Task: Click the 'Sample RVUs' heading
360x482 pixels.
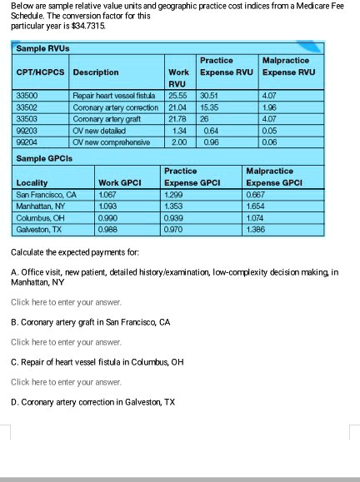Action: tap(43, 49)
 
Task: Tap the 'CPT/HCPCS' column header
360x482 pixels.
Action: tap(42, 72)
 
